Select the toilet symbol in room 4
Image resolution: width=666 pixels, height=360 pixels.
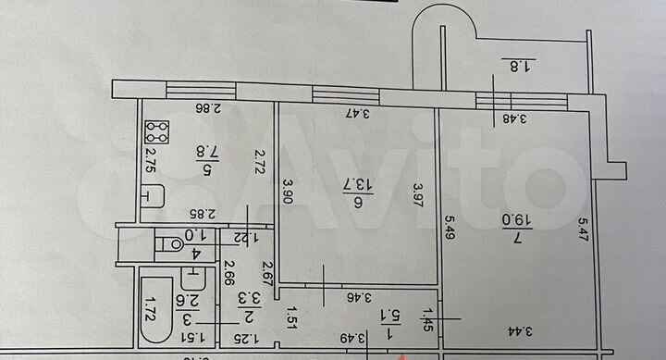170,244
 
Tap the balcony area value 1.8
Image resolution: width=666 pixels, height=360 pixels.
522,66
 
